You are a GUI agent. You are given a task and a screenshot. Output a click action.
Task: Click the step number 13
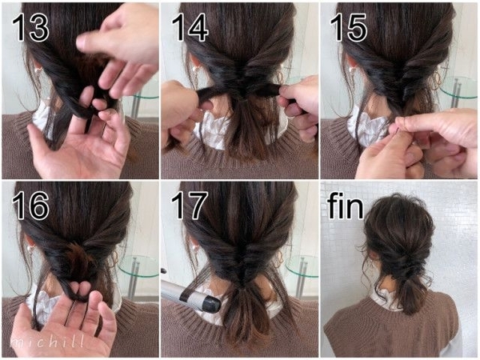(30, 28)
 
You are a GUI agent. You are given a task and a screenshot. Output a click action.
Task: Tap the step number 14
(190, 28)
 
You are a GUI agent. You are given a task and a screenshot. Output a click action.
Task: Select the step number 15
(348, 28)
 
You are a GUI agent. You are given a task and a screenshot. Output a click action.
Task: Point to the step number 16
(30, 206)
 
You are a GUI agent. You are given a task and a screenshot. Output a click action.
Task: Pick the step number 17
(189, 206)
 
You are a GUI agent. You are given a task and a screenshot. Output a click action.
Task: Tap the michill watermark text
(47, 341)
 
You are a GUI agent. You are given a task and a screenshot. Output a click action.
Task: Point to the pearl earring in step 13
(38, 70)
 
